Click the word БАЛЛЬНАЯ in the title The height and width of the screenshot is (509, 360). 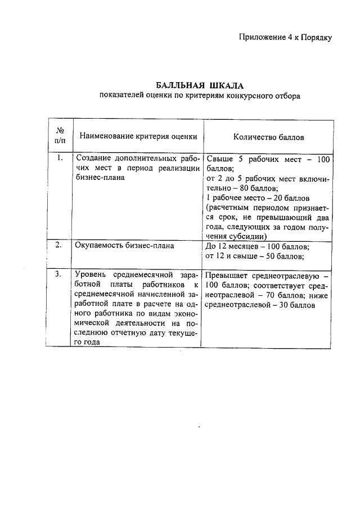pos(179,85)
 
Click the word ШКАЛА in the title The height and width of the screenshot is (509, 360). pos(225,85)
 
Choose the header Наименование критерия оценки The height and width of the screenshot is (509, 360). pos(138,136)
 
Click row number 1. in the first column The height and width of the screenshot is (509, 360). pos(60,158)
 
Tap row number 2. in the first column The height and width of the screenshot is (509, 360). pos(59,246)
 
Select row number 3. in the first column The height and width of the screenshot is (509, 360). pos(59,275)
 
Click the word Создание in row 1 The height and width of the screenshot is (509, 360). pos(92,159)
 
